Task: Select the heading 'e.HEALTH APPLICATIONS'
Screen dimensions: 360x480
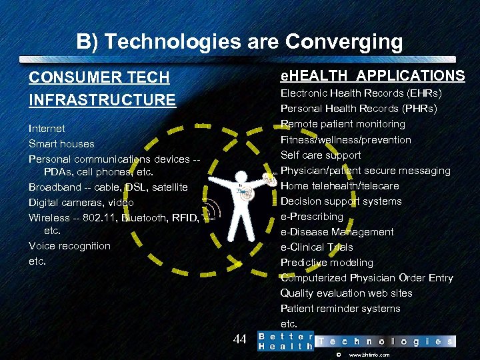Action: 372,75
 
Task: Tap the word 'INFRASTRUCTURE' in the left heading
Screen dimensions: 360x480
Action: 102,100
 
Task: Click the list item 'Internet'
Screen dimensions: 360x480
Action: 47,128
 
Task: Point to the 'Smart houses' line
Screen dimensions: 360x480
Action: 61,143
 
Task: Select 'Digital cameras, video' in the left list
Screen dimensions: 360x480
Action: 81,202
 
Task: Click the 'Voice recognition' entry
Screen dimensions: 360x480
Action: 69,245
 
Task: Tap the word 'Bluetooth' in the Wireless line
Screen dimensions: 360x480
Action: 145,217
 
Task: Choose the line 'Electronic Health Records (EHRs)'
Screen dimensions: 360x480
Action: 361,93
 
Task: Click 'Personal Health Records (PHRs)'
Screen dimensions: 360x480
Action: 359,108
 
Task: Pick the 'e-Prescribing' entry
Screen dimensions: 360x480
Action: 311,216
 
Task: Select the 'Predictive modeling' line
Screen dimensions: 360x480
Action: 327,262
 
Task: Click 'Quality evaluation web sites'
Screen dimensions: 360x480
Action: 346,293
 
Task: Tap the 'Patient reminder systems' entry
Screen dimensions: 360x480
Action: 340,308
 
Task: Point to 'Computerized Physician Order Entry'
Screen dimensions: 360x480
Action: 367,277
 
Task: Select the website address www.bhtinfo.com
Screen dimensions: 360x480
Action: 369,355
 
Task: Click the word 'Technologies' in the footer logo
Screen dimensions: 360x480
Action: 385,341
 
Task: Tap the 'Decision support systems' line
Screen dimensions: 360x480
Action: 341,201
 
